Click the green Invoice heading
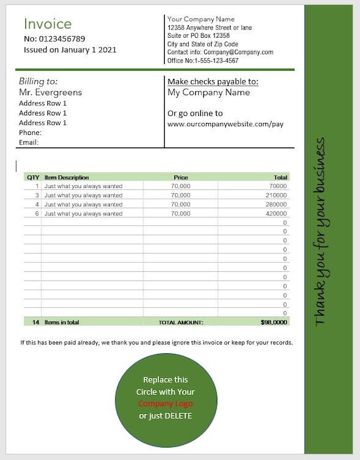click(x=48, y=24)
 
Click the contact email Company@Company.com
click(x=238, y=52)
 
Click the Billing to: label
click(x=39, y=81)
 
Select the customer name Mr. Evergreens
click(x=51, y=93)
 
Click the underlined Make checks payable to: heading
click(x=213, y=81)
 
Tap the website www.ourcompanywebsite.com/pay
click(x=225, y=124)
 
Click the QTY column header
click(x=33, y=177)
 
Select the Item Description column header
click(x=67, y=177)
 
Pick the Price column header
click(x=181, y=177)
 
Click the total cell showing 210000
click(x=276, y=196)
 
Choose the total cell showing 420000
click(x=276, y=214)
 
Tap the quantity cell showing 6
click(x=37, y=214)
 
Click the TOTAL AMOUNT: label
click(x=181, y=322)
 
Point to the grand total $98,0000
click(x=274, y=322)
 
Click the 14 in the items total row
click(x=35, y=322)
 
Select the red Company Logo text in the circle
click(x=165, y=404)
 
